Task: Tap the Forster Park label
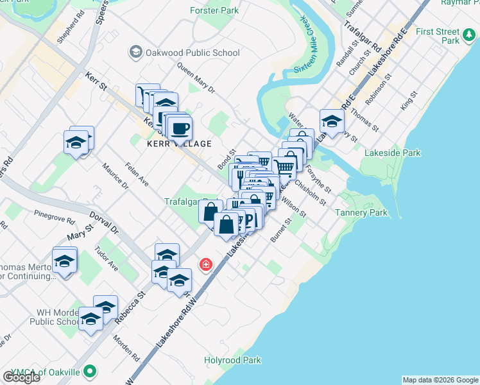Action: pos(214,10)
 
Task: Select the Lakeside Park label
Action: pos(392,153)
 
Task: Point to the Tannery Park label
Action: pos(362,212)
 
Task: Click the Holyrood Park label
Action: pos(232,360)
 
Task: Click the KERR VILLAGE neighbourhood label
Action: pos(179,144)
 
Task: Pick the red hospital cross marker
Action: pos(206,264)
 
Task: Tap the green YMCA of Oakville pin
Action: pos(91,371)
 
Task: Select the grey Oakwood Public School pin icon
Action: pos(135,51)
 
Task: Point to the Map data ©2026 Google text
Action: pos(440,380)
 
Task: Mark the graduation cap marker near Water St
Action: pos(332,120)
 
